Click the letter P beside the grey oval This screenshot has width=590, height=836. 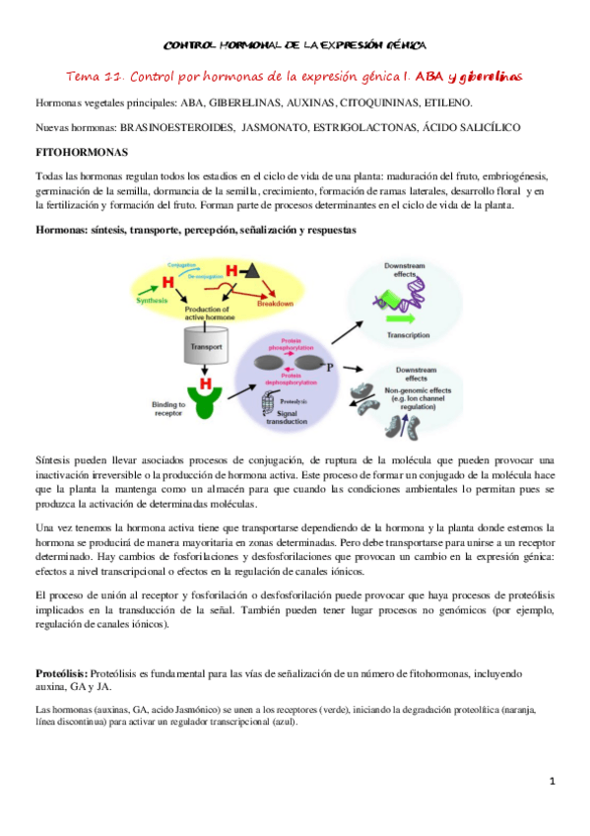tap(330, 366)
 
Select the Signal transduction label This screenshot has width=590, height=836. tap(266, 422)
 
